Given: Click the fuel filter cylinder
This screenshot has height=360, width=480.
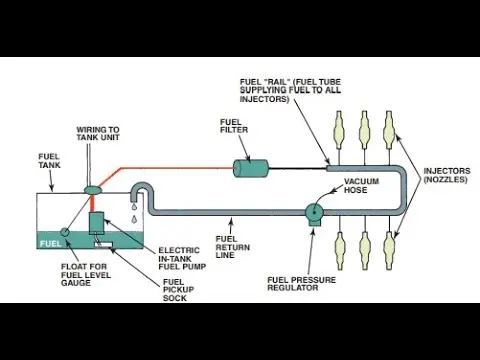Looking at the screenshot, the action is tap(251, 169).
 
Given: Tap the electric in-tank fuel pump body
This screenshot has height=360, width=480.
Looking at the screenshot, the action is tap(96, 223).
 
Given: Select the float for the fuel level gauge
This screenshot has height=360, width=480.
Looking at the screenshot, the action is tap(64, 232).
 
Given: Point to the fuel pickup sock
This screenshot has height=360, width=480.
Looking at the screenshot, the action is tap(103, 245).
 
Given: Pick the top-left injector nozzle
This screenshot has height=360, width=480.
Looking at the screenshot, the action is tap(339, 129).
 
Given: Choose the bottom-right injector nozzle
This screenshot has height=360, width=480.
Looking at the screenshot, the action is tap(389, 250).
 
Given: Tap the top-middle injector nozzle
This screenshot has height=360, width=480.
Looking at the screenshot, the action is tap(364, 129).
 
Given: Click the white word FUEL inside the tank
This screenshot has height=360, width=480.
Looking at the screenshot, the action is tap(51, 244).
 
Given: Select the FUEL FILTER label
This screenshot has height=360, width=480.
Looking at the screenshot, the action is tap(234, 126).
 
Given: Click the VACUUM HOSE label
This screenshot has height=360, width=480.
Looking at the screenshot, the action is tap(361, 186).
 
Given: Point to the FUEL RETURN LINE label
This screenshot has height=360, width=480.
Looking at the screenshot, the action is tap(232, 247).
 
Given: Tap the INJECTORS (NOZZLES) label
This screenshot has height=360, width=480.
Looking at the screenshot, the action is tap(447, 175).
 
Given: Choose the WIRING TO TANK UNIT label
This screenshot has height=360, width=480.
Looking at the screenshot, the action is tap(98, 133).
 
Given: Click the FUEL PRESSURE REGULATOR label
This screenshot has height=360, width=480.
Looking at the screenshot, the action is tap(302, 284).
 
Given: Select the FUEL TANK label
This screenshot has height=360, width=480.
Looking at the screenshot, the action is tap(49, 161).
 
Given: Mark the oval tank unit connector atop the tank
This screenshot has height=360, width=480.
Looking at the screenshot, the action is tap(93, 190).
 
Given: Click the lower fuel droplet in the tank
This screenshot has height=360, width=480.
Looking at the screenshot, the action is tap(135, 219).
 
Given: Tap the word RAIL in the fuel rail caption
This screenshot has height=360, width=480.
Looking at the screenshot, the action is tap(275, 82).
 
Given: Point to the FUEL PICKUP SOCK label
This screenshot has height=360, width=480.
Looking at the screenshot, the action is tap(178, 290).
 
